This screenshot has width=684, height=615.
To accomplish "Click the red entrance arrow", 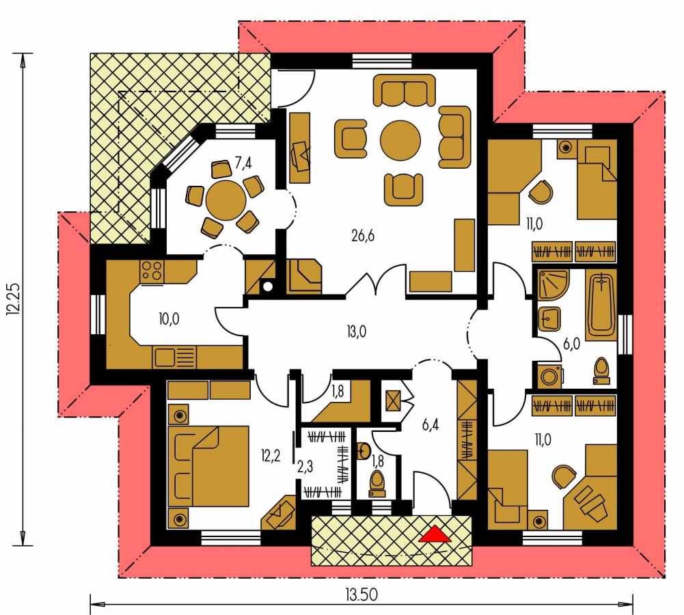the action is (435, 534).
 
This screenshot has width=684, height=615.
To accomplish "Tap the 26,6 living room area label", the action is (363, 236).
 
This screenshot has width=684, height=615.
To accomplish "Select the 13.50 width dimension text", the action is (361, 595).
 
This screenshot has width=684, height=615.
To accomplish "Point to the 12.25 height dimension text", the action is (13, 299).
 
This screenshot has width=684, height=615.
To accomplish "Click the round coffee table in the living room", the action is (400, 141).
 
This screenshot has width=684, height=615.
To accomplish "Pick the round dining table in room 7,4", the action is (225, 201).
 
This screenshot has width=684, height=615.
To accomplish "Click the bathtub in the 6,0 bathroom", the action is (601, 305).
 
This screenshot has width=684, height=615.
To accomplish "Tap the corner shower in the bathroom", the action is (553, 284).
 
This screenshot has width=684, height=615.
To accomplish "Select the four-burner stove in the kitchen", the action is (152, 271).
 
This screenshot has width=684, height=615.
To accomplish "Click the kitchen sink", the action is (174, 357).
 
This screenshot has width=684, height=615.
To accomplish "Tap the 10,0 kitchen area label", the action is (169, 319).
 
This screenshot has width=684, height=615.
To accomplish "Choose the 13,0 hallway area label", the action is (357, 332).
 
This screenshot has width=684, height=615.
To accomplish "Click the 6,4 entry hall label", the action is (430, 424).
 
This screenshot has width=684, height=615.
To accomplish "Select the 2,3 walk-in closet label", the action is (305, 467).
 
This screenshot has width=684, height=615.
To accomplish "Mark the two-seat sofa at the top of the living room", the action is (405, 90).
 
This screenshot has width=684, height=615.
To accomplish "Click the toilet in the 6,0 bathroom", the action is (601, 371).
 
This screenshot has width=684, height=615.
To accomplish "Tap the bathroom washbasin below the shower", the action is (549, 319).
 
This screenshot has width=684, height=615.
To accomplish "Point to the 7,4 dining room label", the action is (243, 163).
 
